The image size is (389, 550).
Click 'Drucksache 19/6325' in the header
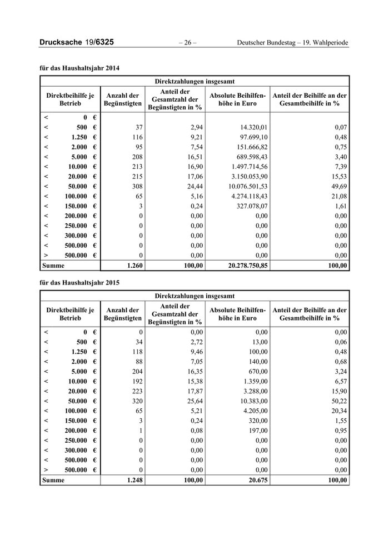tap(77, 43)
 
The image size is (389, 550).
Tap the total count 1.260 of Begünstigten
tap(135, 266)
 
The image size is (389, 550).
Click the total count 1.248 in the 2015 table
tap(135, 480)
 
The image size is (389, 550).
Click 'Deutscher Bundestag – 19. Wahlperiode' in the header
tap(293, 43)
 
